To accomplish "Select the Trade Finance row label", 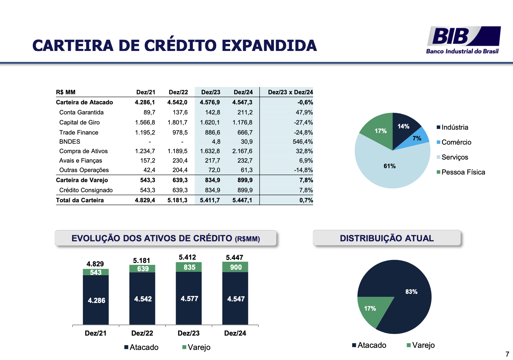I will pos(79,132).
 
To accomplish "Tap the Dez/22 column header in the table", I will pos(178,92).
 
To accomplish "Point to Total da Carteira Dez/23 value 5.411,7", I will pos(210,200).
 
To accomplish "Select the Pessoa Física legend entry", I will pos(463,172).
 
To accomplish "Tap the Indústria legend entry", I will pos(454,127).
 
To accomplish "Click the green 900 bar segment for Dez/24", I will pos(235,267).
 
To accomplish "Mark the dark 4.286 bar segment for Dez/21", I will pos(96,300).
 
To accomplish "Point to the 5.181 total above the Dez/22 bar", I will pos(142,261).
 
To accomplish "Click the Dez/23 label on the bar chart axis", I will pos(188,333).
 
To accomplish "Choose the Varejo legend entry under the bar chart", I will pos(199,347).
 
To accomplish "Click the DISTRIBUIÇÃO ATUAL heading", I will pos(387,238).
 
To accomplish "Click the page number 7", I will pos(507,354).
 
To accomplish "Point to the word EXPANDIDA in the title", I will pos(269,46).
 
